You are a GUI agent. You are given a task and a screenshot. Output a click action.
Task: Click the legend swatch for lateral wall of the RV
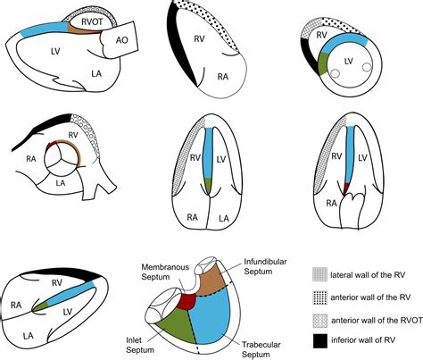click(323, 274)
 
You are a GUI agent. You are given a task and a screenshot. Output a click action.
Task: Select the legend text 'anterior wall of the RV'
click(375, 295)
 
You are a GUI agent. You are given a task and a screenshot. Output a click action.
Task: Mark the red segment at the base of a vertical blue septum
click(344, 188)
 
